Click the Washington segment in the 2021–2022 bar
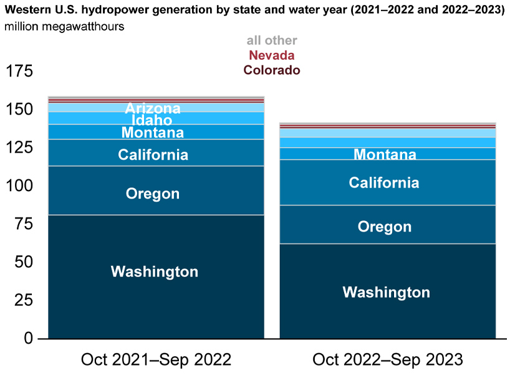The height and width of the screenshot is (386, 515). (x=156, y=276)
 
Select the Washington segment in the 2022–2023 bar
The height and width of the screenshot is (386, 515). (x=388, y=291)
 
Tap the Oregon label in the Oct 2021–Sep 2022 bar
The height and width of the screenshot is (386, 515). (x=153, y=194)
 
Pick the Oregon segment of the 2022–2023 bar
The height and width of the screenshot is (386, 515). (x=388, y=225)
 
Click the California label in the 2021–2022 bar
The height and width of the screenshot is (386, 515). (x=153, y=155)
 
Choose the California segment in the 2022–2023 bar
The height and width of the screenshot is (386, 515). (x=388, y=182)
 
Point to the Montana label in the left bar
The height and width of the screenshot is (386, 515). (x=153, y=133)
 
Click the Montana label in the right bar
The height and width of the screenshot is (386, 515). (x=385, y=154)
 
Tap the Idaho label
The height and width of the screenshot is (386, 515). (x=152, y=120)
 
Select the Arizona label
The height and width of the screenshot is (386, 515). (x=153, y=108)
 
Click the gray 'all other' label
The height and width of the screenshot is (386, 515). (x=272, y=40)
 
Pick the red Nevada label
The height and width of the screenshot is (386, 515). (x=272, y=55)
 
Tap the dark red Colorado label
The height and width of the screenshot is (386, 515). (x=272, y=70)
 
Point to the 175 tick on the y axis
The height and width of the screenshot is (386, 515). (x=19, y=71)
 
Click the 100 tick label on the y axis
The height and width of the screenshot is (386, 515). (x=19, y=186)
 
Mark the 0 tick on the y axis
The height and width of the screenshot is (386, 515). (x=29, y=338)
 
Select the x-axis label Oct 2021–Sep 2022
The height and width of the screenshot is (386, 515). (x=156, y=359)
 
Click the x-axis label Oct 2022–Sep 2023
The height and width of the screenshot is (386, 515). (x=388, y=359)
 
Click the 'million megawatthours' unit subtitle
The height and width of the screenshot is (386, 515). (x=64, y=27)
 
